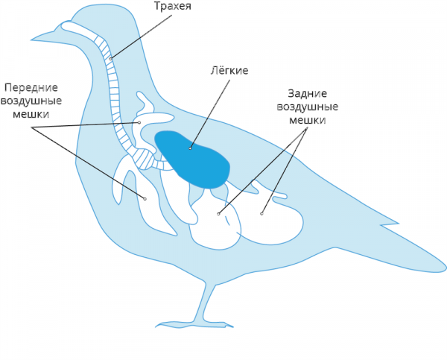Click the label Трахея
click(x=173, y=6)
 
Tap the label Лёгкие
click(x=229, y=70)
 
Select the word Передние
click(x=31, y=87)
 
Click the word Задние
click(x=307, y=93)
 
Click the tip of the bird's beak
click(x=31, y=39)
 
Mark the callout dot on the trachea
click(x=110, y=59)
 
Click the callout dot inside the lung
click(x=190, y=148)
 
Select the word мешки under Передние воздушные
click(x=31, y=114)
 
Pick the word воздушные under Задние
click(x=308, y=107)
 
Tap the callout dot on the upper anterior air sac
click(x=139, y=122)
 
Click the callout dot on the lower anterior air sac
click(x=145, y=199)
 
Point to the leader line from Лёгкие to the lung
click(x=210, y=114)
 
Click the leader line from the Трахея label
click(x=142, y=37)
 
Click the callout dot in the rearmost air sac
click(x=261, y=214)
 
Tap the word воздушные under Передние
click(x=31, y=101)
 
